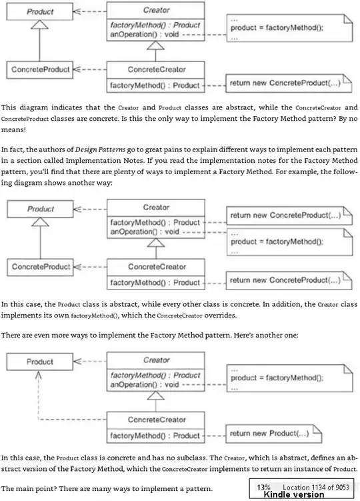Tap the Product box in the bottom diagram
40,362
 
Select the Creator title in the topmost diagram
155,11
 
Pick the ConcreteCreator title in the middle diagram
155,267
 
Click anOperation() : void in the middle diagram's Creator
144,231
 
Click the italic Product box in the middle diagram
40,209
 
